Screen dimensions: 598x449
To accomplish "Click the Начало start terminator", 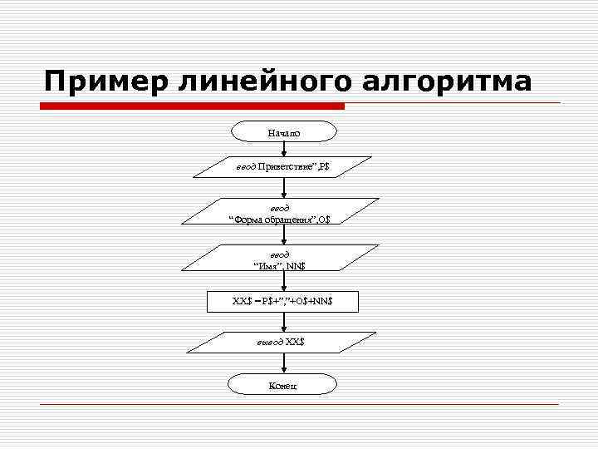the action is pyautogui.click(x=284, y=131).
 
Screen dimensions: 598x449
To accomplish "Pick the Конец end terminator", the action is pyautogui.click(x=284, y=384).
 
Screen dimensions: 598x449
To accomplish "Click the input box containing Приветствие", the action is pyautogui.click(x=284, y=167).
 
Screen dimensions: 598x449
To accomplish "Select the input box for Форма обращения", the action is pyautogui.click(x=284, y=213).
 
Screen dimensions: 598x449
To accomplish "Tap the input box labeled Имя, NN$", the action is pyautogui.click(x=284, y=259).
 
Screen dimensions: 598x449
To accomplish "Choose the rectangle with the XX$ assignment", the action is pyautogui.click(x=284, y=300).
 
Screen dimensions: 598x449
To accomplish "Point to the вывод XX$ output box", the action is pyautogui.click(x=284, y=343).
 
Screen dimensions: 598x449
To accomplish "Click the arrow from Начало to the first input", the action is pyautogui.click(x=284, y=149).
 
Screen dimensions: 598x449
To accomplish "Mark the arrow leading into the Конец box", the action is pyautogui.click(x=284, y=363).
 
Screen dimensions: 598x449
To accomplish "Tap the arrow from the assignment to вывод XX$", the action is pyautogui.click(x=284, y=321).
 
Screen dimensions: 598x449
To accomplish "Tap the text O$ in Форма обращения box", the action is pyautogui.click(x=322, y=219).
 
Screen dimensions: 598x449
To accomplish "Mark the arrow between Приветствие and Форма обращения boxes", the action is pyautogui.click(x=284, y=188).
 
